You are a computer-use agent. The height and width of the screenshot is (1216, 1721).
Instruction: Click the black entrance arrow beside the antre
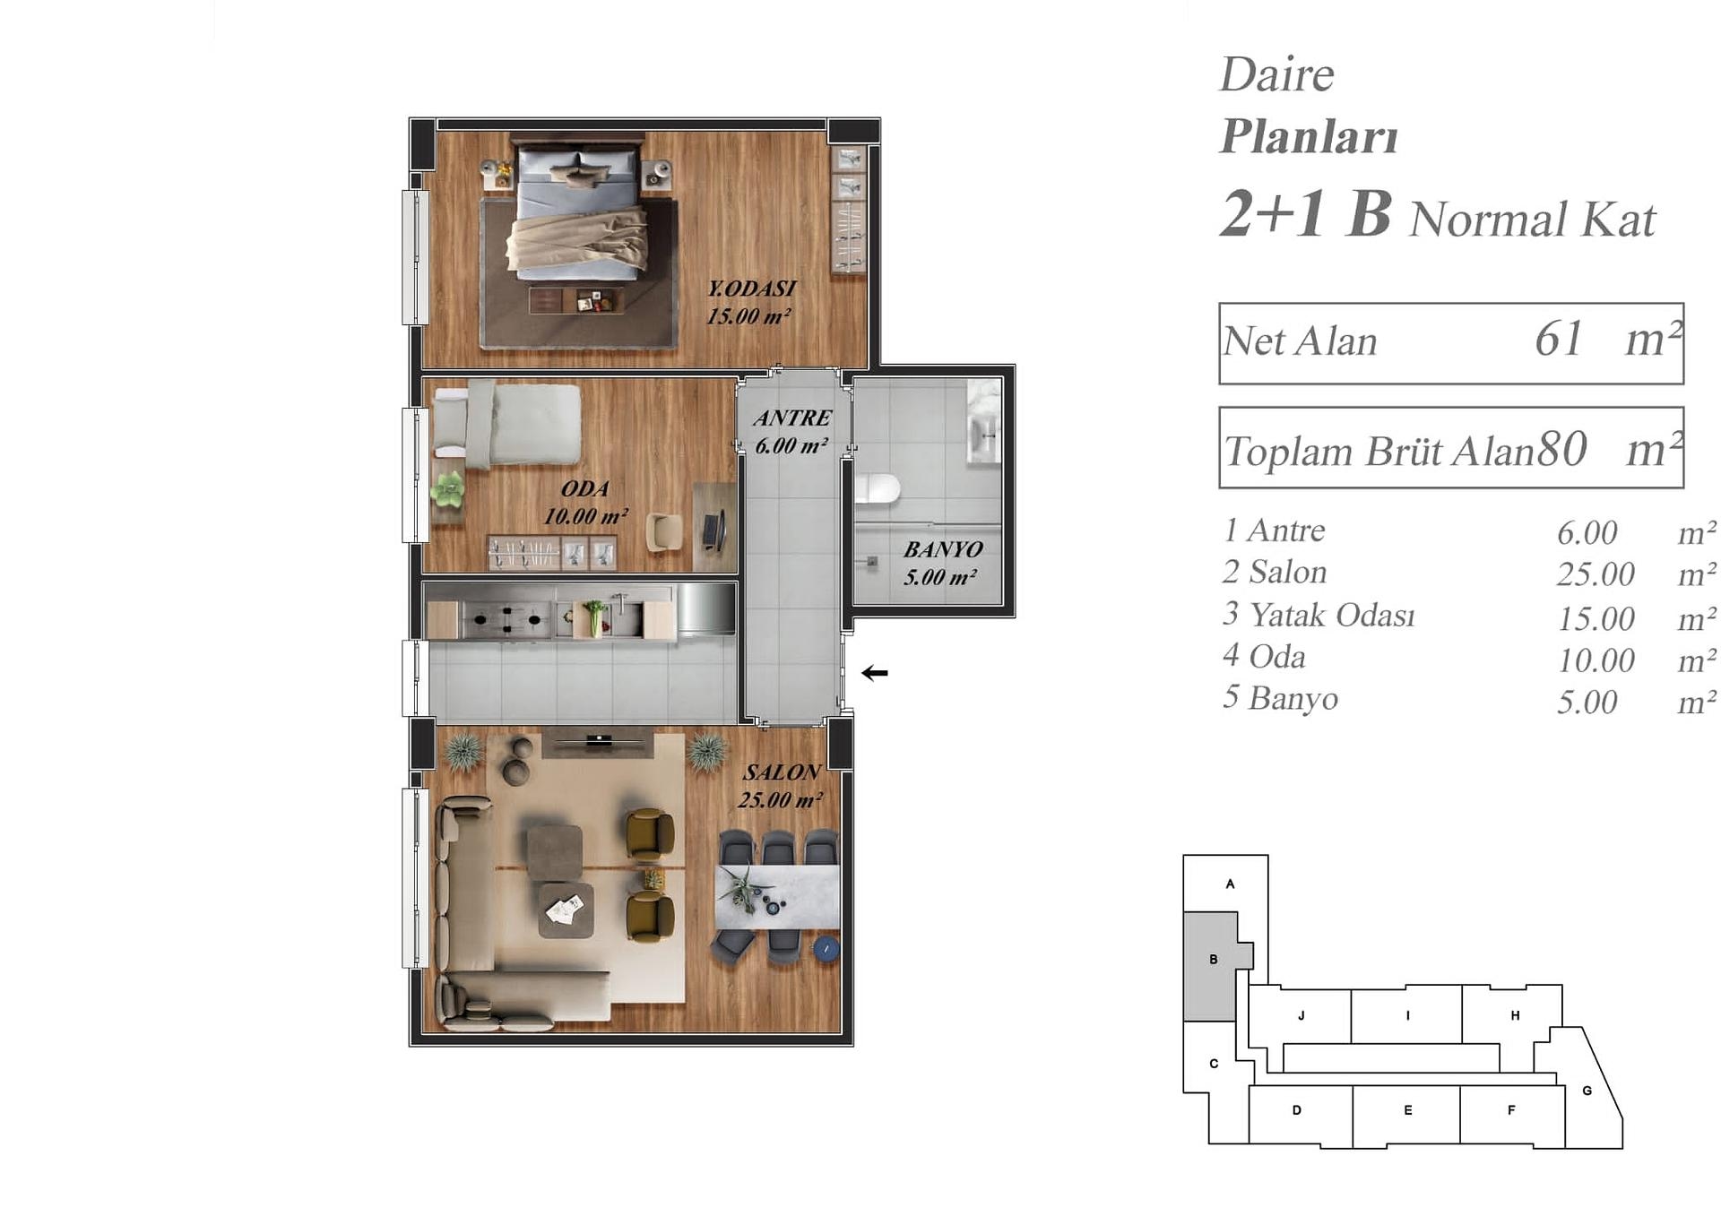click(x=874, y=673)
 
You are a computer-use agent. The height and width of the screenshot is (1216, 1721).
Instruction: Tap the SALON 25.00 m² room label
click(x=780, y=786)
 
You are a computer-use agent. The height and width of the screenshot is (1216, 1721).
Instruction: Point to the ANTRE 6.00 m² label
click(x=791, y=431)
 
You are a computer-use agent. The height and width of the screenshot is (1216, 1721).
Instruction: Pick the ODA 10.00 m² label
click(x=585, y=502)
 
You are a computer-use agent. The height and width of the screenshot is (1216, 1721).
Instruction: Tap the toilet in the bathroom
click(x=877, y=489)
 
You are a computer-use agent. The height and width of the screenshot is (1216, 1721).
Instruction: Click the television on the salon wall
click(x=599, y=740)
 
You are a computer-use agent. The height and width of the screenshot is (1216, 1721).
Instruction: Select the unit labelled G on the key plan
click(x=1587, y=1090)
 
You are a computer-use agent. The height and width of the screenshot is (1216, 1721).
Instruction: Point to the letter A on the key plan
click(x=1230, y=884)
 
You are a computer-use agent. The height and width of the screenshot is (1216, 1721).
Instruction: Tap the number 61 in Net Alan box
click(x=1558, y=339)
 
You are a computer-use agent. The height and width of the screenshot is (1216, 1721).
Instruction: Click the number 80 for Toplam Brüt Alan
click(x=1562, y=448)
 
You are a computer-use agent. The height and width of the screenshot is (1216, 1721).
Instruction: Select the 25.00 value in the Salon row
click(x=1596, y=574)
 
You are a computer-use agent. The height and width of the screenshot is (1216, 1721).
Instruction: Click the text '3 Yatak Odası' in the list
click(x=1319, y=615)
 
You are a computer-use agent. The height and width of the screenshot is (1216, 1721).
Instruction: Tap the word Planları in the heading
click(x=1309, y=136)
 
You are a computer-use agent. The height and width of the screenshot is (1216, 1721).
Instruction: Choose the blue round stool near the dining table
click(x=826, y=949)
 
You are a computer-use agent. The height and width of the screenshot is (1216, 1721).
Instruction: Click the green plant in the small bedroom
click(x=447, y=488)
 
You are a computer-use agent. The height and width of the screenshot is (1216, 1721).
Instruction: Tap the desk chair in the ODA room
click(x=664, y=531)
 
